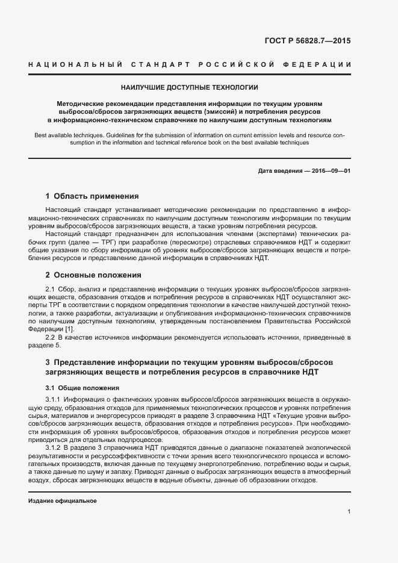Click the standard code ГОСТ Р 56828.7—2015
coord(307,42)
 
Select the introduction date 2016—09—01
coord(328,171)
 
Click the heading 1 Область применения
coord(92,196)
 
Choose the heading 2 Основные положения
coord(93,275)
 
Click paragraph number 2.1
coord(51,289)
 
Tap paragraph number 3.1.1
coord(54,399)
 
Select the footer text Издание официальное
coord(63,501)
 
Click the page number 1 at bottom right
coord(349,512)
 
